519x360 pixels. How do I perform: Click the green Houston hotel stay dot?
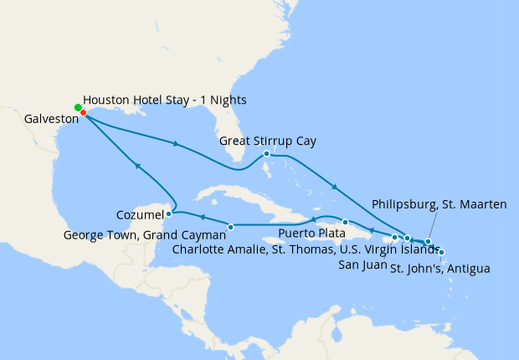tap(78, 107)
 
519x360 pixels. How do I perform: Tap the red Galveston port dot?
tap(83, 112)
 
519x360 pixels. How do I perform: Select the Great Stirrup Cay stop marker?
tap(266, 153)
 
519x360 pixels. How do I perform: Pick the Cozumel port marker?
tap(169, 213)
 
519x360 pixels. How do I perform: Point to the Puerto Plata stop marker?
tap(345, 222)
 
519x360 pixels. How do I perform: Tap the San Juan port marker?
tap(394, 238)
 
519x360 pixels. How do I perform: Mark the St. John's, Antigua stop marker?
tap(441, 252)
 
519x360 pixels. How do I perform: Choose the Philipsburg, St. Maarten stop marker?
tap(428, 242)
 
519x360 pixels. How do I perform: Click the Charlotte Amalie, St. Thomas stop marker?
tap(407, 239)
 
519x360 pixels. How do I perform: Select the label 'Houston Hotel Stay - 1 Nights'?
tap(165, 100)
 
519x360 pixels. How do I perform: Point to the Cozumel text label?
tap(140, 215)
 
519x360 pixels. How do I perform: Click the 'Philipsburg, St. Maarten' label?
tap(439, 203)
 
